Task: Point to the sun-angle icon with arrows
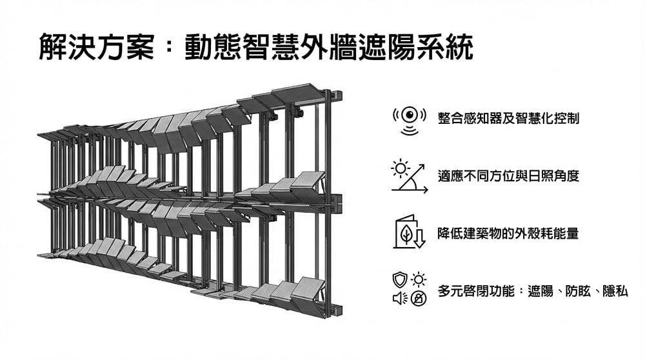[410, 176]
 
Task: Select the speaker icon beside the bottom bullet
[400, 297]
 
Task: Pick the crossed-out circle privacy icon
[419, 297]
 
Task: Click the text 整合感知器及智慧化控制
[508, 119]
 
